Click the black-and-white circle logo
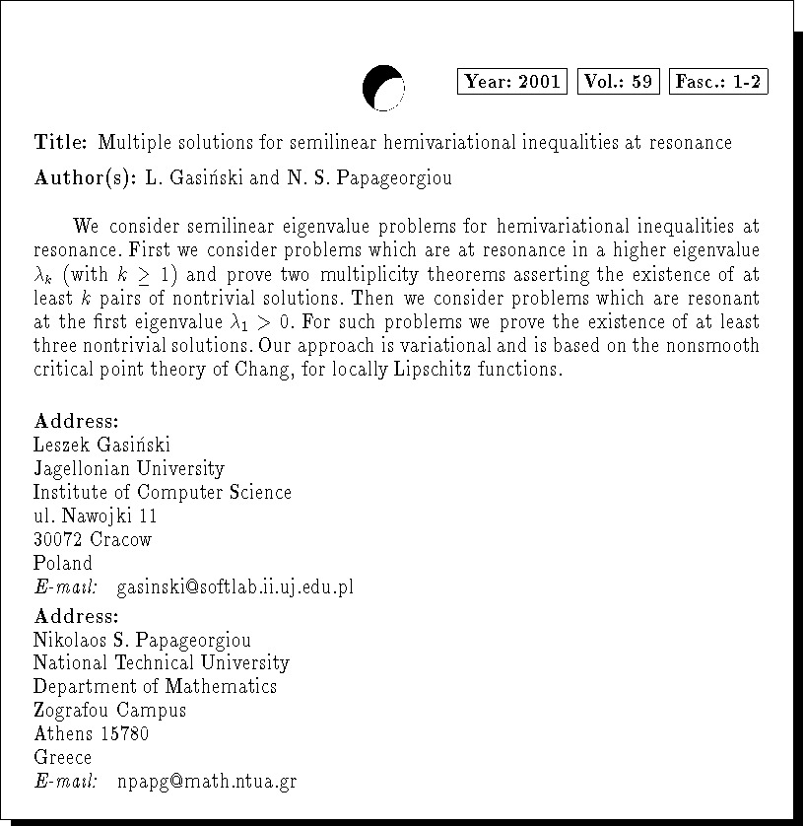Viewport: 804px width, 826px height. click(383, 87)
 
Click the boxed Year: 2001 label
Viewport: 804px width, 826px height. click(512, 82)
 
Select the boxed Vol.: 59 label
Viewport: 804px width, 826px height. click(618, 82)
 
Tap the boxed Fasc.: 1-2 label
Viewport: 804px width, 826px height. click(718, 82)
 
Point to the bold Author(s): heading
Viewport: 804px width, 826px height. click(85, 178)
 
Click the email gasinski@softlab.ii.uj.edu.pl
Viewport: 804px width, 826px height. click(234, 588)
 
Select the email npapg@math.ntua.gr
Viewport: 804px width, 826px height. click(206, 783)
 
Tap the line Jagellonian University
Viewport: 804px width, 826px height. click(128, 469)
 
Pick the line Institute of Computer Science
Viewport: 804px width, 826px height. click(163, 493)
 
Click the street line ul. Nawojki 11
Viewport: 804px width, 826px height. click(95, 516)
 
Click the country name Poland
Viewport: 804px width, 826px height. click(63, 564)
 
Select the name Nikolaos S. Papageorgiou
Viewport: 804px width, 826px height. click(142, 640)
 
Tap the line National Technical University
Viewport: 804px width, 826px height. click(162, 663)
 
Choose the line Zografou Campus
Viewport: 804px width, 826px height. click(109, 711)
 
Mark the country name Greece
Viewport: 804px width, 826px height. click(63, 758)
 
